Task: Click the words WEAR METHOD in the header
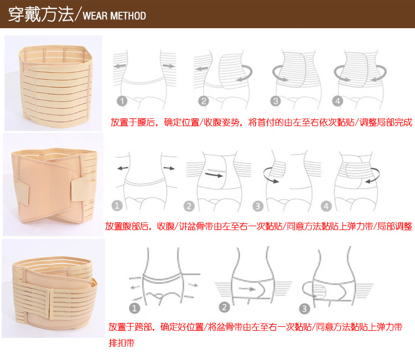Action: pos(115,15)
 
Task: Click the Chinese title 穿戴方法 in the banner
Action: pos(41,14)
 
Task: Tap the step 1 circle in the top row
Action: pos(122,101)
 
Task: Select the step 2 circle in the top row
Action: pos(204,101)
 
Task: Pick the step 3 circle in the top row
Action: pos(276,101)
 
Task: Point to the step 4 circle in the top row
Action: pos(338,101)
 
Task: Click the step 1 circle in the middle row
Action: pos(117,206)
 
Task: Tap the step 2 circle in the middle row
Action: pos(189,206)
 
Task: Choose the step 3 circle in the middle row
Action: pos(258,206)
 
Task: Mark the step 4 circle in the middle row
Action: pos(326,206)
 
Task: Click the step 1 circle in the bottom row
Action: pos(134,308)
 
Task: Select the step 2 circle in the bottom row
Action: pos(225,307)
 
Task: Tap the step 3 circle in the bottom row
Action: pos(304,309)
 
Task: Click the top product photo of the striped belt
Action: pos(53,83)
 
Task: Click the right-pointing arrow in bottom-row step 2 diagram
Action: pos(247,289)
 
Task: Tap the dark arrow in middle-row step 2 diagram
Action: pos(214,175)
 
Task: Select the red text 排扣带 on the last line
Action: pos(122,343)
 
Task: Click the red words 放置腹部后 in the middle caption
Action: pos(127,226)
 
